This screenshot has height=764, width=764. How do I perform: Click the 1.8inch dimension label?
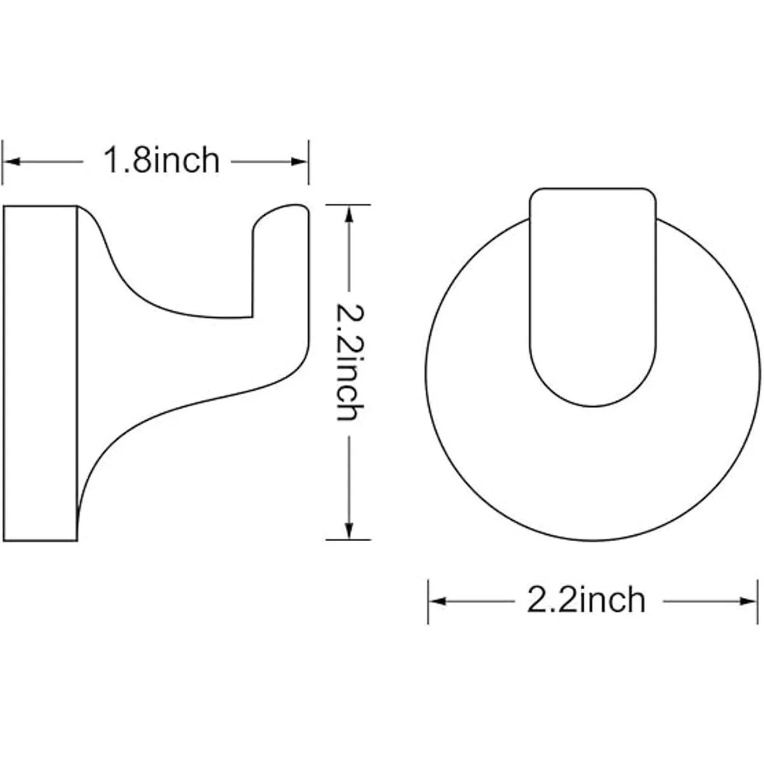161,160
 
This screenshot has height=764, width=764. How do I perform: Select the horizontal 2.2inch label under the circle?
586,600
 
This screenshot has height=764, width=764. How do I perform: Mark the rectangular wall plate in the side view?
40,373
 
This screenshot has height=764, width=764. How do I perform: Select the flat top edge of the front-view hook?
593,188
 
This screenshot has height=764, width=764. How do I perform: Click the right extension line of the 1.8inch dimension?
309,162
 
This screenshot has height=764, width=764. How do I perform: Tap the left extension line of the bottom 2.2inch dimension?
428,601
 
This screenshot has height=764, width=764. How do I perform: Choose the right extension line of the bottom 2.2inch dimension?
757,601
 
